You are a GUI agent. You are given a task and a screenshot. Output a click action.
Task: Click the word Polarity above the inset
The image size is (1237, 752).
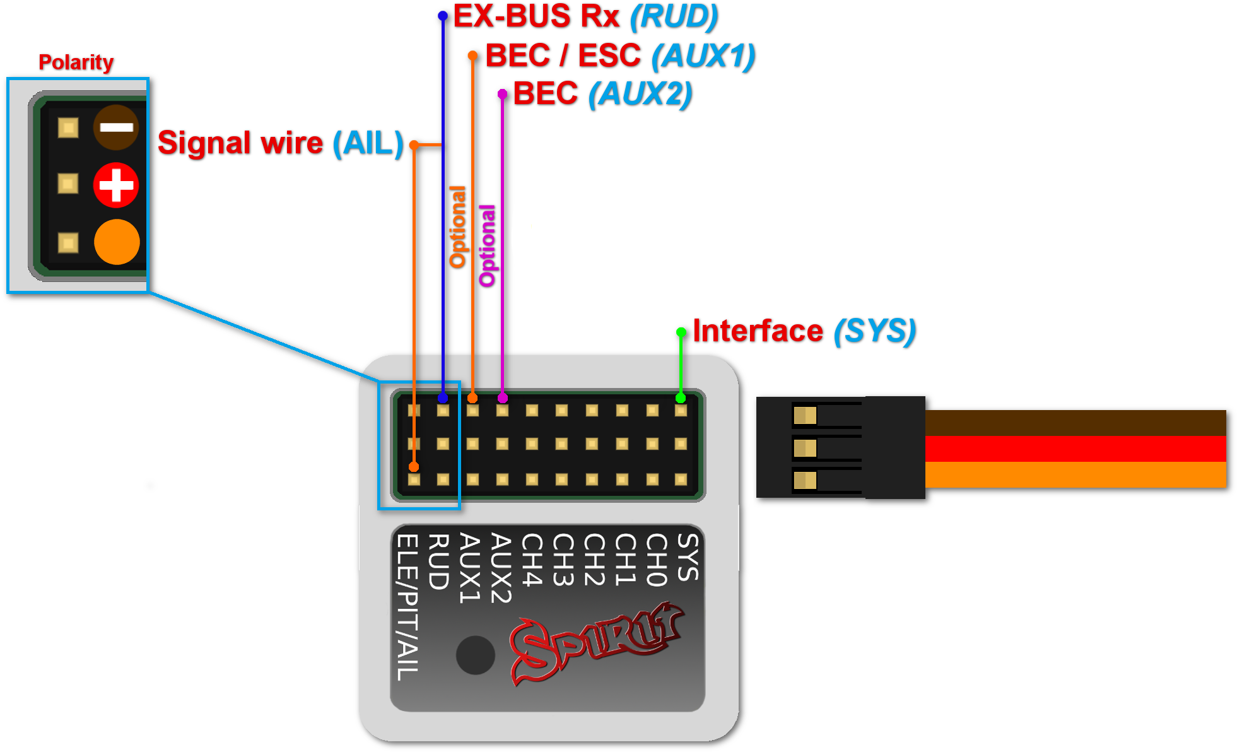(76, 62)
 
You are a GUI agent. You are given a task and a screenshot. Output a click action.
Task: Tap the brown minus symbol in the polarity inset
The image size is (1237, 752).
(116, 127)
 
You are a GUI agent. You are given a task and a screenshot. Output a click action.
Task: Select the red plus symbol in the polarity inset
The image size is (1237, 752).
(116, 185)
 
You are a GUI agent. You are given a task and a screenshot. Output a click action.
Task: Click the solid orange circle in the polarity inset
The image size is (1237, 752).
(117, 242)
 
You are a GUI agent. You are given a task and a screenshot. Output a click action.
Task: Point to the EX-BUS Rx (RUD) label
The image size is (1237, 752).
(585, 16)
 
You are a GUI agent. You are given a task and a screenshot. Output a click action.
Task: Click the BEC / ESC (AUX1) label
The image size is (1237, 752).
(619, 56)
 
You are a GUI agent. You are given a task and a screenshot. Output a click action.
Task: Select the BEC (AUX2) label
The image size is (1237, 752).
(602, 94)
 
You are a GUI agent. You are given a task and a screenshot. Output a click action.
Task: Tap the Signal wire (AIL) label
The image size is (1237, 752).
(280, 143)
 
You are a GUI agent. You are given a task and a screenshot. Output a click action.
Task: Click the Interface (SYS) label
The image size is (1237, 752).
(803, 331)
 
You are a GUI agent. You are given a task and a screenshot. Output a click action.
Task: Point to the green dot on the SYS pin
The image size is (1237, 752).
(681, 398)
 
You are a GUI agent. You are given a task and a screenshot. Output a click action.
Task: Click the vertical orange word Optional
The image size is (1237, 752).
(457, 226)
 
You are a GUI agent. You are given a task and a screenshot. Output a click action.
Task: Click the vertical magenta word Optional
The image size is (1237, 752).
(487, 245)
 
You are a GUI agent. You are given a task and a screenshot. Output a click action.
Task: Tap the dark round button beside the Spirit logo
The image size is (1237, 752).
(475, 655)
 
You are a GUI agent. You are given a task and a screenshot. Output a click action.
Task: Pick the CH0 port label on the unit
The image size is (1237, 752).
(656, 560)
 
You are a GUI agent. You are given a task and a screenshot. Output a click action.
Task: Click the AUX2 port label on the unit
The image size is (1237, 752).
(500, 568)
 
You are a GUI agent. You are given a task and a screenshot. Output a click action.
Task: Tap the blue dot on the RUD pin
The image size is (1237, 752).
(443, 398)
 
